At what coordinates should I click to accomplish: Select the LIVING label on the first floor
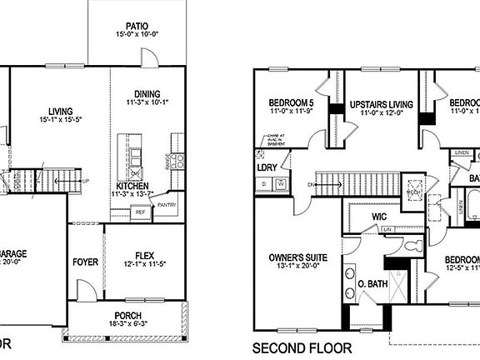click(60, 112)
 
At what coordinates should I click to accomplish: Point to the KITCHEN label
click(133, 185)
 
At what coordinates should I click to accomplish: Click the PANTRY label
click(167, 203)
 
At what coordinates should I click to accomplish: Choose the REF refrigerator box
click(140, 212)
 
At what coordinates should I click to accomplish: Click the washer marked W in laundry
click(281, 182)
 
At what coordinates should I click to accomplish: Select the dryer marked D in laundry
click(264, 182)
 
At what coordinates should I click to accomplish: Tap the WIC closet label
click(380, 217)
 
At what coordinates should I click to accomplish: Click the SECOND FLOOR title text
click(302, 347)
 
